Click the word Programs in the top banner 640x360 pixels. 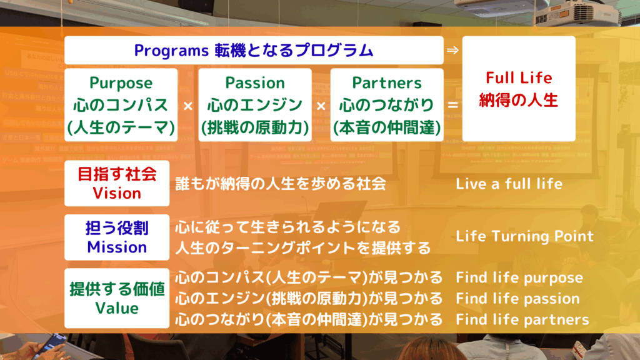(171, 51)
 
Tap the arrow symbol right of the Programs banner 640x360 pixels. (452, 50)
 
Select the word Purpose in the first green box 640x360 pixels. (121, 83)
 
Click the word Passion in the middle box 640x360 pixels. (255, 83)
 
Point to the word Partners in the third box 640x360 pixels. (387, 83)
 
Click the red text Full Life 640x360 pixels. (519, 77)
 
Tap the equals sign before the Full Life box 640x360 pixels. (452, 105)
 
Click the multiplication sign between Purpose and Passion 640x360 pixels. (187, 106)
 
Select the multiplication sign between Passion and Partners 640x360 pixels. (321, 106)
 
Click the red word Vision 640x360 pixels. (117, 193)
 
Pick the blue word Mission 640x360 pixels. (117, 247)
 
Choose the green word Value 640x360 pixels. (117, 308)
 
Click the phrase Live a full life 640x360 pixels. (509, 184)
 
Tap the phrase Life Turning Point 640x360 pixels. (524, 236)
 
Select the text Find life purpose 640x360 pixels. (519, 278)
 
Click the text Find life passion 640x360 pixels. (517, 299)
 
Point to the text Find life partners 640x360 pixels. (522, 319)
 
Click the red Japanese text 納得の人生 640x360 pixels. (518, 100)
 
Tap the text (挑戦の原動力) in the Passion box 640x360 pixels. (255, 127)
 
